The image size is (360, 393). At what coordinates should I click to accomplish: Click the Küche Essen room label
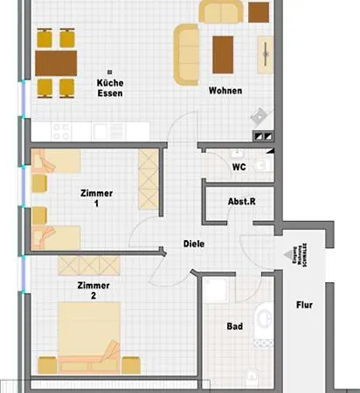click(x=110, y=87)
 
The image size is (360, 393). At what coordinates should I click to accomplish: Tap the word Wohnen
click(x=225, y=91)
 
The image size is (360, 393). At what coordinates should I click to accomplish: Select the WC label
click(x=238, y=166)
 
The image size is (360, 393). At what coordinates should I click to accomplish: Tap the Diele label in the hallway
click(x=194, y=244)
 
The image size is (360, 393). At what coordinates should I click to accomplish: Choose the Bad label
click(x=234, y=326)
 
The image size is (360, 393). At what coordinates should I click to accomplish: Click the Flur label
click(x=303, y=306)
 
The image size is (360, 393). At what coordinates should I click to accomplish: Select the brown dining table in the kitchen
click(x=56, y=62)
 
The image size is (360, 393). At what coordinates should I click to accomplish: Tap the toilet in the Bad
click(x=263, y=318)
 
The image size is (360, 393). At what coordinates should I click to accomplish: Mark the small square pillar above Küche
click(x=110, y=72)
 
